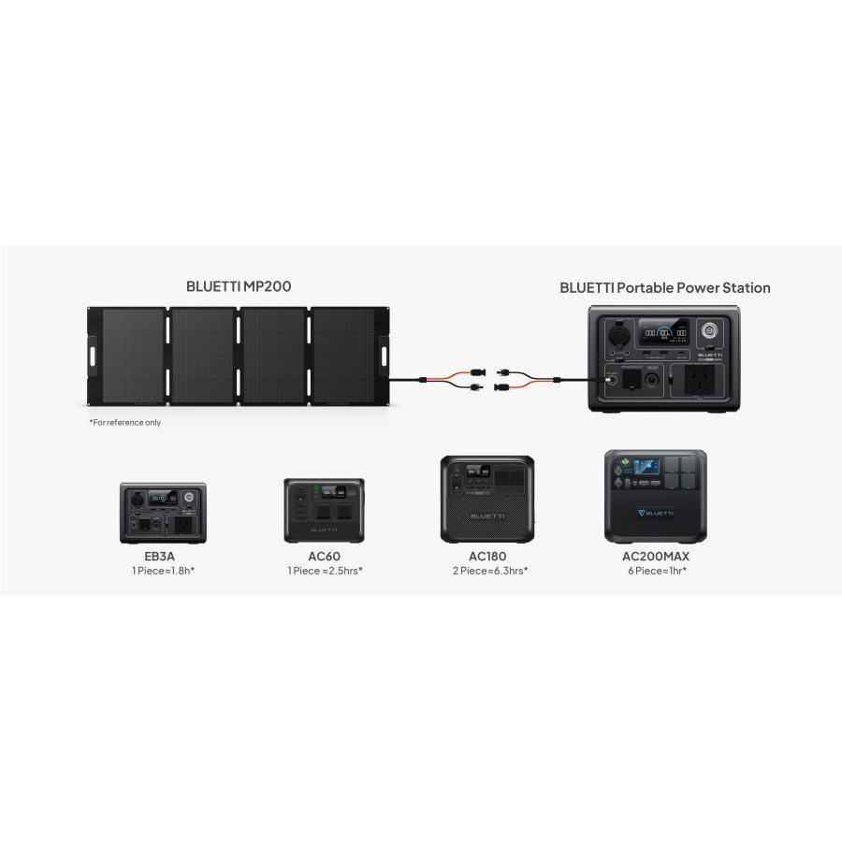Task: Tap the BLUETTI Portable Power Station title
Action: click(x=664, y=287)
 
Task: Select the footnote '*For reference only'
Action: click(x=124, y=423)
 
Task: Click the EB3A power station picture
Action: click(x=163, y=513)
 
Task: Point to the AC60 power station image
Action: click(x=324, y=510)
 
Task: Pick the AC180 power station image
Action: click(x=487, y=499)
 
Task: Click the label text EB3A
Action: click(x=163, y=556)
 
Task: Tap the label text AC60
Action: click(x=324, y=556)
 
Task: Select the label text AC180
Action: click(x=487, y=556)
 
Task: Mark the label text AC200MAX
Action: click(x=655, y=556)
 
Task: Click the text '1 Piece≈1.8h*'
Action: click(x=163, y=570)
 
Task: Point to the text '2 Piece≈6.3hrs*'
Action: click(x=487, y=570)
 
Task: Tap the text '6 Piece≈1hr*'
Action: click(x=655, y=570)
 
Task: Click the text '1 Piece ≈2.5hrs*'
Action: click(x=324, y=570)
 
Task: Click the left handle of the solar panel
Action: click(x=93, y=356)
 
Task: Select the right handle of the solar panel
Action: click(x=383, y=356)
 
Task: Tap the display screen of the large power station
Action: click(x=662, y=333)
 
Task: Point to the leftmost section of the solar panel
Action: click(x=132, y=356)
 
